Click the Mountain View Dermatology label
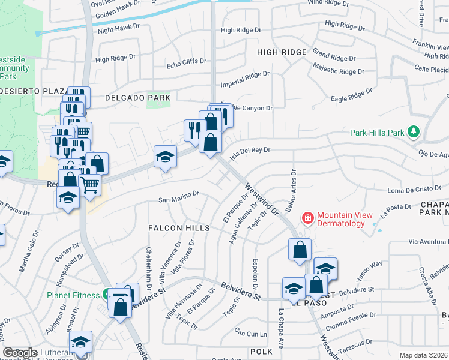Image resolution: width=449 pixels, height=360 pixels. click(341, 219)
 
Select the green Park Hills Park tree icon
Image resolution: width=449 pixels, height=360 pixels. click(413, 131)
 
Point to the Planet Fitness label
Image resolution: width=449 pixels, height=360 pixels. click(74, 295)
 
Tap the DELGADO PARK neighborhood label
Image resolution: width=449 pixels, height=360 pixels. click(137, 97)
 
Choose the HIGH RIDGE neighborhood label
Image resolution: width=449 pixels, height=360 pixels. click(282, 52)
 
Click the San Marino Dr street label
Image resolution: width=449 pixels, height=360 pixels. click(178, 197)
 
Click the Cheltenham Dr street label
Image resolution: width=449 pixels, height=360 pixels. click(148, 268)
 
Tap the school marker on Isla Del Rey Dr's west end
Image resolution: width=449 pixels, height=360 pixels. click(166, 157)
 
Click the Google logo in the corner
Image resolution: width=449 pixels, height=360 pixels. click(20, 353)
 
